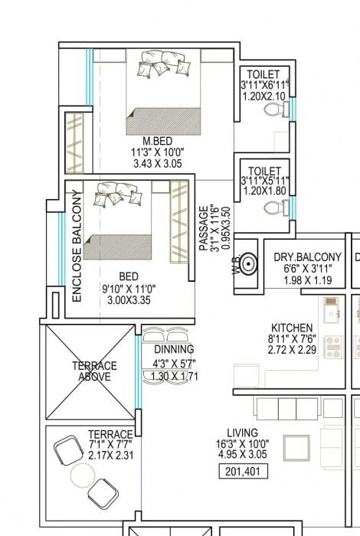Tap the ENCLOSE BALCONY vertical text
(77, 245)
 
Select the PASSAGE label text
(204, 227)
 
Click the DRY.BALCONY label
(307, 258)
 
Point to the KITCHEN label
(292, 326)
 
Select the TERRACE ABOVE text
(94, 371)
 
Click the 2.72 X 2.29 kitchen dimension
(292, 349)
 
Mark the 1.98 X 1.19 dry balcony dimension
(307, 280)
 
